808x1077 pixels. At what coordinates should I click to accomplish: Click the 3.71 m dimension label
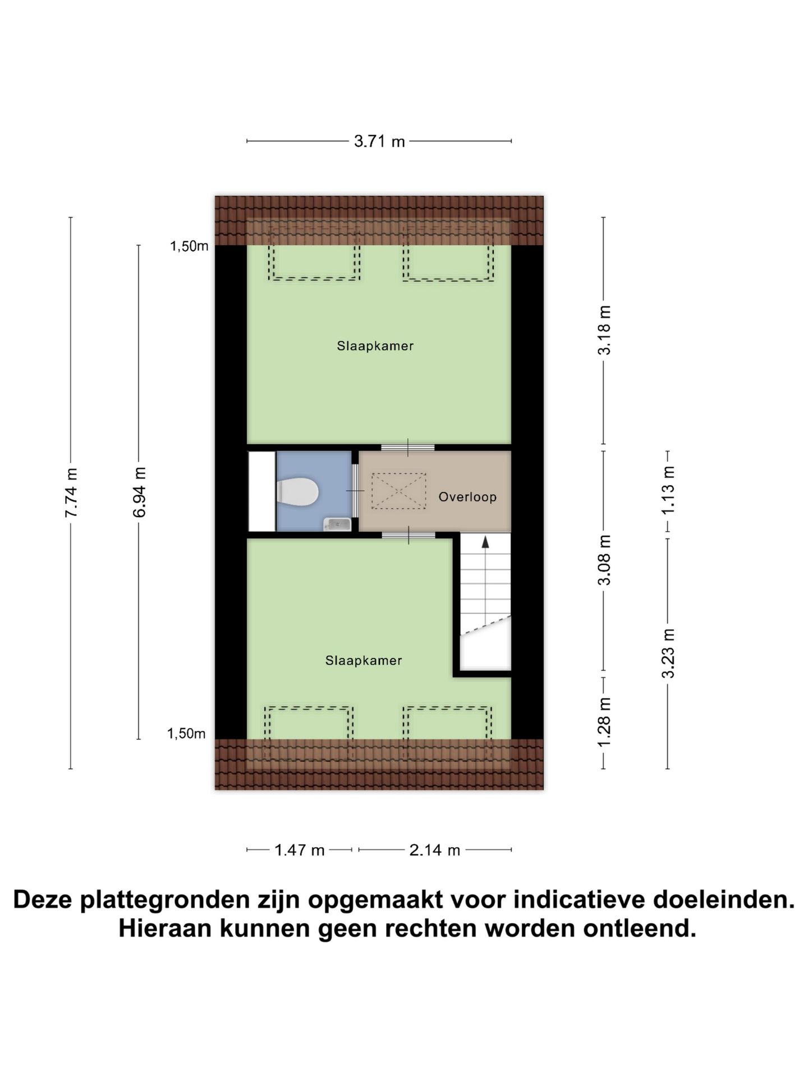tap(379, 141)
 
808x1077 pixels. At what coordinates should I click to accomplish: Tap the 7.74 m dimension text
tap(71, 493)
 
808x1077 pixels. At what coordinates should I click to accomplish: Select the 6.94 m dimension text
tap(139, 493)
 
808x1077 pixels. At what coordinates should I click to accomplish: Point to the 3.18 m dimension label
tap(604, 330)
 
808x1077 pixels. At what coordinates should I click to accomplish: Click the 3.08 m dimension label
tap(604, 560)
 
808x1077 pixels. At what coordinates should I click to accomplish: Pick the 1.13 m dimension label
tap(668, 490)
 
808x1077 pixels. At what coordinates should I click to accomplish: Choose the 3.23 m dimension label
tap(668, 653)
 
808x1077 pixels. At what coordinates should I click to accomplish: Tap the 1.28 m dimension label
tap(604, 722)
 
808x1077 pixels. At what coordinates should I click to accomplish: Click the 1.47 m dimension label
tap(300, 850)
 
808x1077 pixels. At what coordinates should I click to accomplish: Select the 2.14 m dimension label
tap(435, 850)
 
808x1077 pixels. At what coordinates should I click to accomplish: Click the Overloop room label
tap(467, 497)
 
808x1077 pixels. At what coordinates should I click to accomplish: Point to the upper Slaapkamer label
tap(375, 346)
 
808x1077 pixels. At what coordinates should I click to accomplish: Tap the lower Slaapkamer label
tap(364, 661)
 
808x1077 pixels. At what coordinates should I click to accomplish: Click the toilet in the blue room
tap(298, 491)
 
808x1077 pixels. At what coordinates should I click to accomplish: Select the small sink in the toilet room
tap(337, 524)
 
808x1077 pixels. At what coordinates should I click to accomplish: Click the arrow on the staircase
tap(485, 542)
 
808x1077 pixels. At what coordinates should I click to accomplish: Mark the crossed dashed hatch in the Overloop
tap(398, 491)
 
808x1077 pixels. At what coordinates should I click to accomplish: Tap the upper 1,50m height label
tap(189, 246)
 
